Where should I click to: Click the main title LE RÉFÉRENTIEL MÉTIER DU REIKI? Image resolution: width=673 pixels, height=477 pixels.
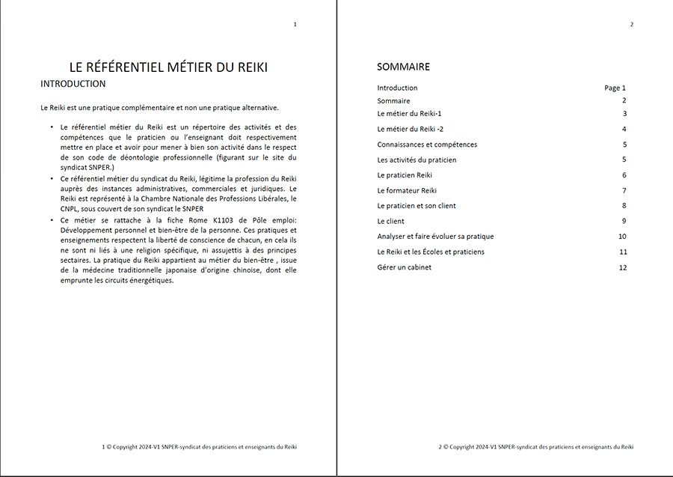coord(168,67)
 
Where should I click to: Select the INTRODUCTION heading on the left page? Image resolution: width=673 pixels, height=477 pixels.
coord(73,84)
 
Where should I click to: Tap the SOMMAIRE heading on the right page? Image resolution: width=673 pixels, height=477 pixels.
coord(403,67)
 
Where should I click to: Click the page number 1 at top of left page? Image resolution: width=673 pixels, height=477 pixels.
coord(295,25)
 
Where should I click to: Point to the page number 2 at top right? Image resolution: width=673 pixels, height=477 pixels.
coord(632,25)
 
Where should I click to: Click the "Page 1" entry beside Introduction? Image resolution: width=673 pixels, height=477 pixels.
coord(615,88)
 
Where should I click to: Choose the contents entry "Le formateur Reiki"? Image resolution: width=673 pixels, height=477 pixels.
coord(407,190)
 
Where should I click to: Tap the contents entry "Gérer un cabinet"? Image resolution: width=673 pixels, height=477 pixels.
coord(404,267)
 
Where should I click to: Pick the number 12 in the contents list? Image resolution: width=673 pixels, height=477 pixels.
coord(622,267)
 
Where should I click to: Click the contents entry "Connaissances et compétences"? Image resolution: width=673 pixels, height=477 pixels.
coord(427,145)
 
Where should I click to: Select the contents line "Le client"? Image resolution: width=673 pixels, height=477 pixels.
coord(390,221)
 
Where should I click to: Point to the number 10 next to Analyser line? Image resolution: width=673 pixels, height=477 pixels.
coord(622,237)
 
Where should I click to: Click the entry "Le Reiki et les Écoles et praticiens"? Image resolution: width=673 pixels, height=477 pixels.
coord(431,252)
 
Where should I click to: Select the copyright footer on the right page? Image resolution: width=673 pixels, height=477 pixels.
coord(536,447)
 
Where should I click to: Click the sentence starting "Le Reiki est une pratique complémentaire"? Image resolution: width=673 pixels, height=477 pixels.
coord(159,107)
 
